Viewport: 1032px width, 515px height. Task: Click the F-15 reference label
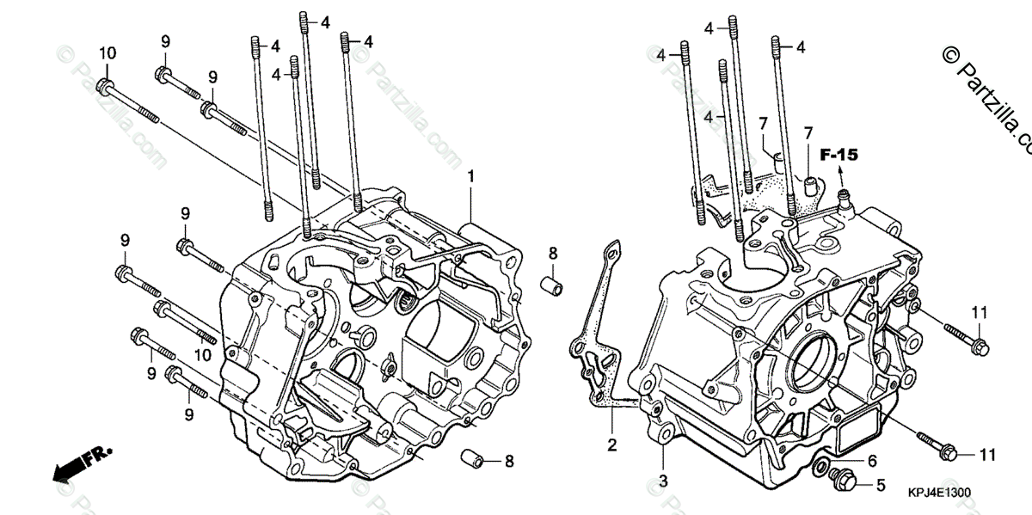pos(838,156)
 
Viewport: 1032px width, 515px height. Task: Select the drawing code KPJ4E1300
pos(938,494)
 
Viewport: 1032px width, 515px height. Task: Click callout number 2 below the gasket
pos(612,444)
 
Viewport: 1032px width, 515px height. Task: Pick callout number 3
pos(663,479)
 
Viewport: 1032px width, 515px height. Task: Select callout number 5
pos(880,485)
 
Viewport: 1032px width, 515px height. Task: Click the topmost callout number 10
pos(107,53)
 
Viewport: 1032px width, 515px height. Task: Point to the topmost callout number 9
pos(166,41)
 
